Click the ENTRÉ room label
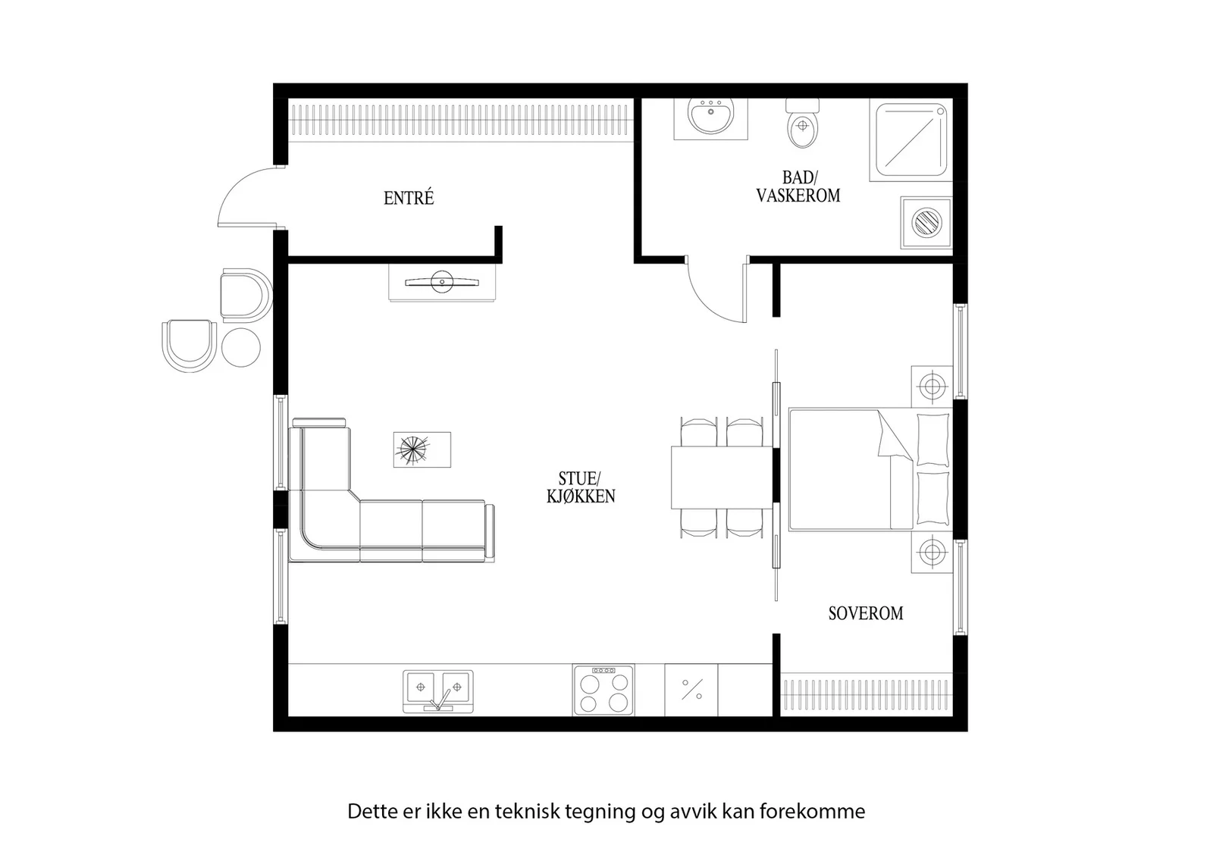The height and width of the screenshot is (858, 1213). tap(409, 198)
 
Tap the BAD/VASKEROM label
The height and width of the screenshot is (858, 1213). tap(798, 186)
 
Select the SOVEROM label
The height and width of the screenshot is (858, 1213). tap(866, 613)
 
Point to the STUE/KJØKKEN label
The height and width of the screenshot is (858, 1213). tap(581, 487)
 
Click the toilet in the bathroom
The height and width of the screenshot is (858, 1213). tap(803, 124)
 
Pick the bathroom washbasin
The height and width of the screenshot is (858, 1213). tap(710, 116)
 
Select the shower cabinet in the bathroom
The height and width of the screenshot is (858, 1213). tap(911, 139)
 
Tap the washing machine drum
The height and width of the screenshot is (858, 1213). tap(926, 223)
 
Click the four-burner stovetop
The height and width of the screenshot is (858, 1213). tap(603, 690)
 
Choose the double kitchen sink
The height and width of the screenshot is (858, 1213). tap(438, 691)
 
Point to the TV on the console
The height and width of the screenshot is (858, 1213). tap(442, 282)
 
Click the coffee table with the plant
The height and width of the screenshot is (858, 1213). tap(422, 449)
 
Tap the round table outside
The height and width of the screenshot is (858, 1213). tap(241, 348)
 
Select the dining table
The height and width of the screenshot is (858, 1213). tap(721, 478)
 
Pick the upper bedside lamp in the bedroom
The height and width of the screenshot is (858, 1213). tap(932, 387)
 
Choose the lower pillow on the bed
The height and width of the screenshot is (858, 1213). tap(933, 499)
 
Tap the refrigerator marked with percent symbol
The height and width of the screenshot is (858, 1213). tap(691, 690)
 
